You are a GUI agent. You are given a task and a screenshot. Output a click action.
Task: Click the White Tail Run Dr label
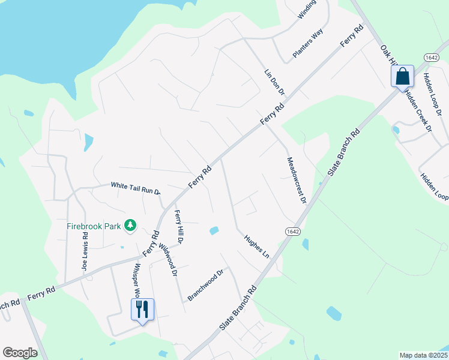(135, 187)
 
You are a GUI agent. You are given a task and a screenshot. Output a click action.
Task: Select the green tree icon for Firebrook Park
(130, 226)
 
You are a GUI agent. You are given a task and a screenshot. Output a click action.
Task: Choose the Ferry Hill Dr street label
(179, 226)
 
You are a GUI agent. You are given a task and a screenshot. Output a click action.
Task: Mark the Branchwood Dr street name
(205, 284)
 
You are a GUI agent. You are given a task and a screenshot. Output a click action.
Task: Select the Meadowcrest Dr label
(297, 180)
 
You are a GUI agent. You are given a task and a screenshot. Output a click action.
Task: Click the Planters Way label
(308, 43)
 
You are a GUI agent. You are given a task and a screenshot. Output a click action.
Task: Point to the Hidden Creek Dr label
(418, 110)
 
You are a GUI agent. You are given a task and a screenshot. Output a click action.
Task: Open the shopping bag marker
(402, 77)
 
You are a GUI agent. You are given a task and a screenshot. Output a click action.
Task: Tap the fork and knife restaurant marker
(142, 310)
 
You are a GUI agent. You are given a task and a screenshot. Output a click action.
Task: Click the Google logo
(20, 353)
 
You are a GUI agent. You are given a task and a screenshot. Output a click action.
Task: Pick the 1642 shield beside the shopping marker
(431, 57)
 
